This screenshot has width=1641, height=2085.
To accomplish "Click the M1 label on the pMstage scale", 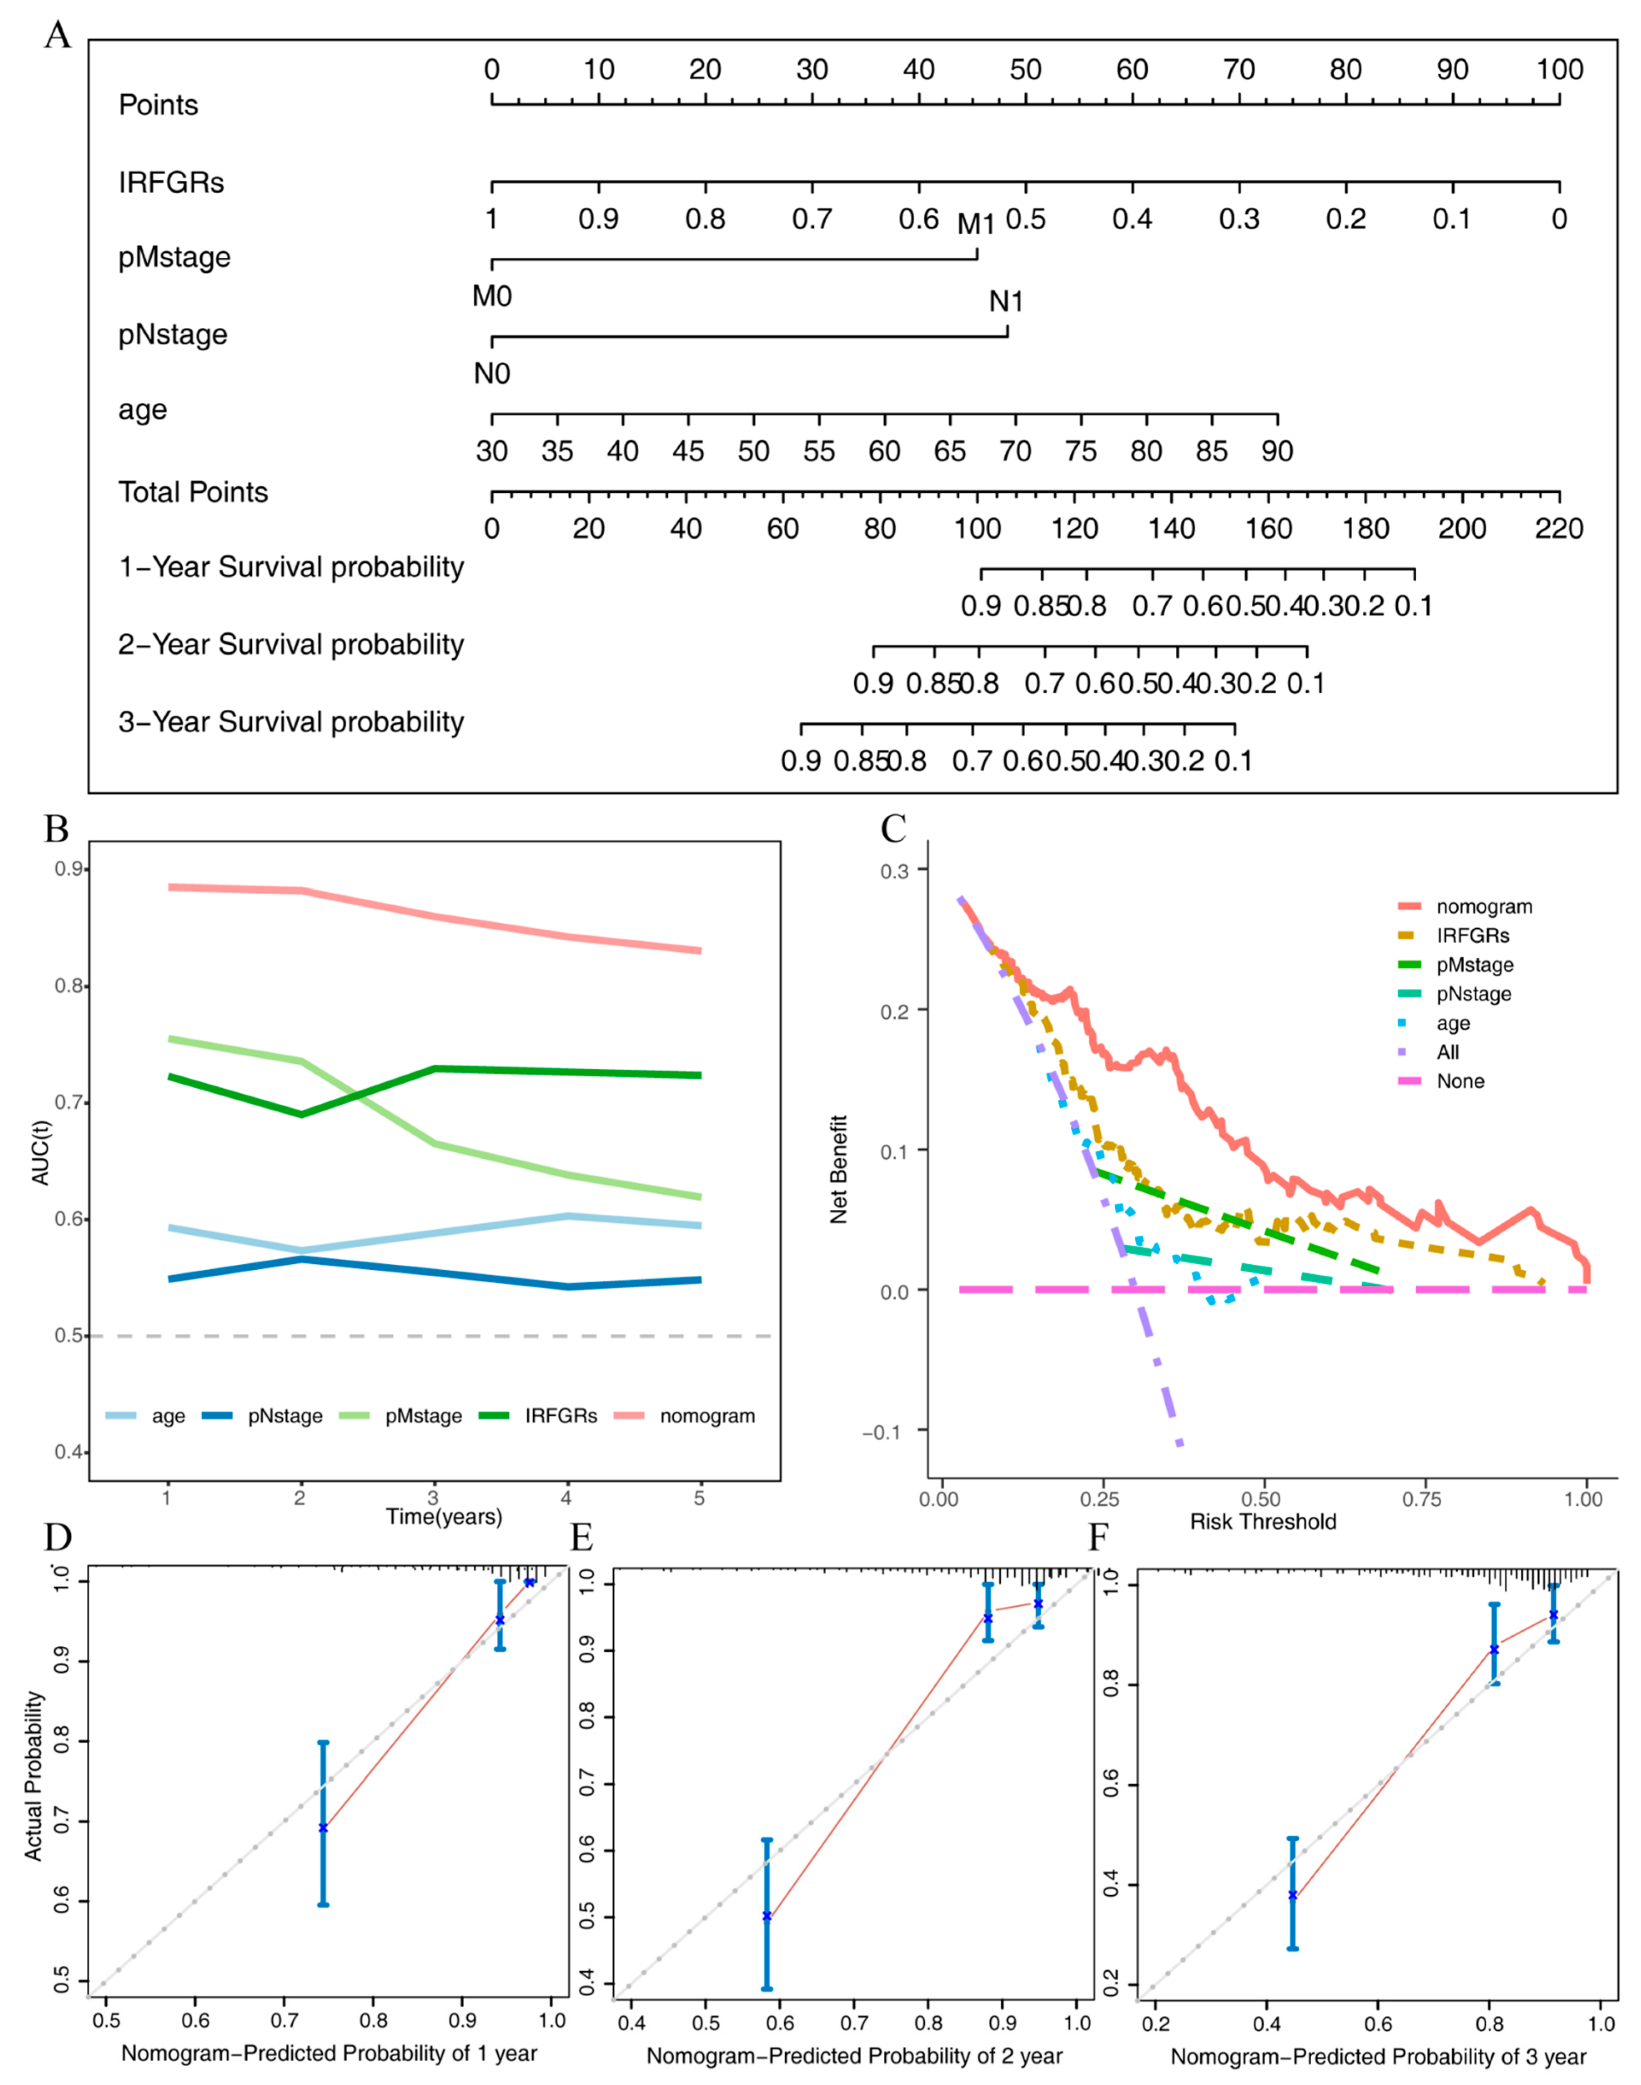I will (976, 225).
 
